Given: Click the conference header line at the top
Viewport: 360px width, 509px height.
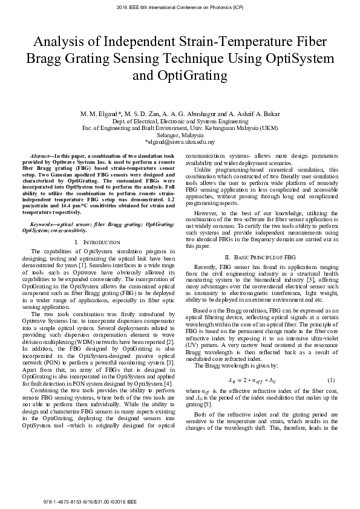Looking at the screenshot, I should (x=180, y=9).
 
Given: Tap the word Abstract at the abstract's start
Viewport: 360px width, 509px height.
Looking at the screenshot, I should (x=42, y=156).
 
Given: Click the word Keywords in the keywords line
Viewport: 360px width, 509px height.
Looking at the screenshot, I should (x=45, y=225).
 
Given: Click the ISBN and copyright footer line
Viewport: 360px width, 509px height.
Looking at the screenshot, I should (x=91, y=502).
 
